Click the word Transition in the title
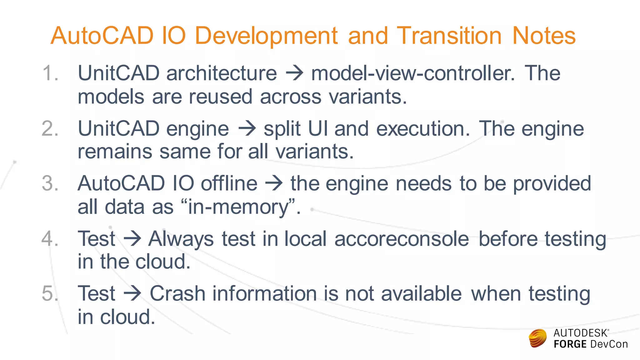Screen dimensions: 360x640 tap(449, 36)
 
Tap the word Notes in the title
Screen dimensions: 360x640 tap(544, 36)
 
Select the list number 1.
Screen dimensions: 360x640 tap(50, 73)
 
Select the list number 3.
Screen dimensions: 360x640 tap(50, 183)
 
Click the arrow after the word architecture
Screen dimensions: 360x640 tap(294, 73)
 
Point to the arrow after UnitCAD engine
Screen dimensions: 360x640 tap(247, 129)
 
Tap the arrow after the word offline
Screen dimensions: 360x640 tap(274, 183)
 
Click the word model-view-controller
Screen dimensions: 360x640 tap(412, 73)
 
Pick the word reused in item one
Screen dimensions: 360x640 tap(220, 97)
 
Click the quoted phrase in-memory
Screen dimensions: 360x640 tap(238, 207)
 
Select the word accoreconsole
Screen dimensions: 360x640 tap(402, 239)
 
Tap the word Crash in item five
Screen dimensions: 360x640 tap(177, 294)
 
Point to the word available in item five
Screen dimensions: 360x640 tap(421, 294)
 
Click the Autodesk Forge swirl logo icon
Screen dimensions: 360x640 tap(537, 338)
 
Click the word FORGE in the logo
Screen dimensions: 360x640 tap(570, 344)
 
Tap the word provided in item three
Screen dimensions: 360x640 tap(552, 183)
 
